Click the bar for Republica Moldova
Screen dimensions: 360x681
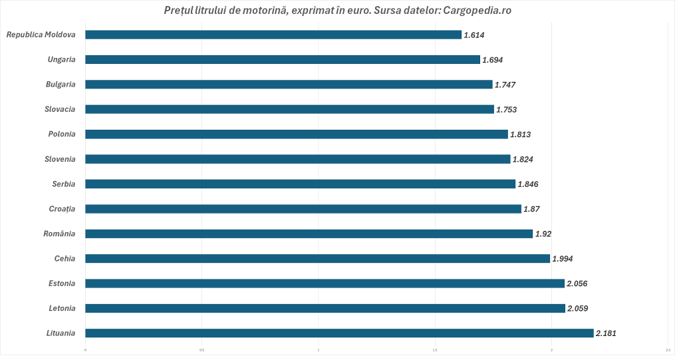(273, 35)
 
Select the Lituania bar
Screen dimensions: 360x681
(339, 333)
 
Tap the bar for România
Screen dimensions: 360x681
(309, 234)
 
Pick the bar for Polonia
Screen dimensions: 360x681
(297, 134)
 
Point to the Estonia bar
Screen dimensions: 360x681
(325, 283)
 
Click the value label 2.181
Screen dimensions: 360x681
(606, 333)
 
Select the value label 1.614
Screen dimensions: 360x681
(474, 35)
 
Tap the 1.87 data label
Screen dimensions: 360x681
(531, 209)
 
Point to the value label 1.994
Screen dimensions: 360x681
(563, 259)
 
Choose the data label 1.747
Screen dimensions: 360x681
(505, 85)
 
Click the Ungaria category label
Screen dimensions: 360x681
(61, 59)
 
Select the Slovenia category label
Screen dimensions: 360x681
(60, 159)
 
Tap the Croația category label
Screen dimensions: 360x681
(62, 209)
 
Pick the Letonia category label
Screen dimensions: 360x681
(62, 308)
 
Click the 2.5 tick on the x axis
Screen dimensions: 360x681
(667, 349)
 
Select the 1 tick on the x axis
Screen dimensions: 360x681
(318, 349)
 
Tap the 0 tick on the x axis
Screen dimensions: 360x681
(85, 349)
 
